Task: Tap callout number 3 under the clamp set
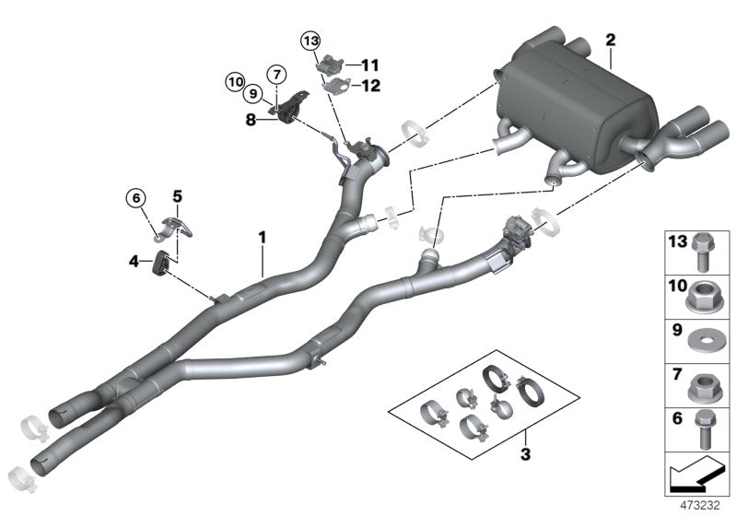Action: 526,453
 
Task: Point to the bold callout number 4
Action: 135,263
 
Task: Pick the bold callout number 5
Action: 178,195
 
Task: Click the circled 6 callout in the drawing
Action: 136,197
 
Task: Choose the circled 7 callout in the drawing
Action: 275,73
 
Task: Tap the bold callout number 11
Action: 369,64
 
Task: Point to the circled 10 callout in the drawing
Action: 234,83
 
